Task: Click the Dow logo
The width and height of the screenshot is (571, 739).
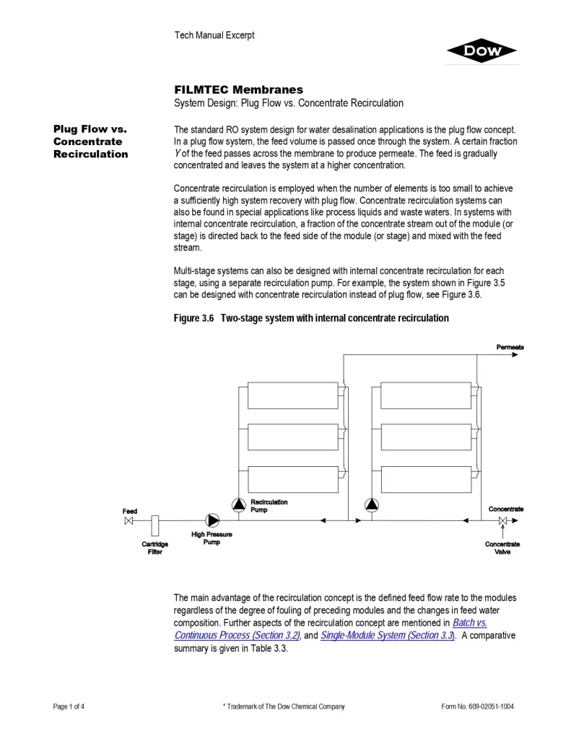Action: coord(481,51)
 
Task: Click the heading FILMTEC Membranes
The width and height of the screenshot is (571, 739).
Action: coord(238,89)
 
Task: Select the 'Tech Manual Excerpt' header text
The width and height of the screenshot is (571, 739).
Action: coord(214,35)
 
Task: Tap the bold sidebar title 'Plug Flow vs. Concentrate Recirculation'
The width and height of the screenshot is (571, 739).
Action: coord(90,141)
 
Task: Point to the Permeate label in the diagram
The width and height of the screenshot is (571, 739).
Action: coord(510,347)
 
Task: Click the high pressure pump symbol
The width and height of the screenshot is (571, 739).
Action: coord(212,520)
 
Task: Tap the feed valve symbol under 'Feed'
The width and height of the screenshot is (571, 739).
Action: coord(129,520)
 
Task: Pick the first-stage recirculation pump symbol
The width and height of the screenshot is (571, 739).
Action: coord(238,505)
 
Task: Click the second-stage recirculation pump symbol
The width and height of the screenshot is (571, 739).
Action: coord(372,505)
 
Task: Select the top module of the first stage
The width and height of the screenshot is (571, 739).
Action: coord(292,395)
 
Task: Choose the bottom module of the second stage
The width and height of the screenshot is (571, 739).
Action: coord(425,479)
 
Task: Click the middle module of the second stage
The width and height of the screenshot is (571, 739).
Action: coord(425,437)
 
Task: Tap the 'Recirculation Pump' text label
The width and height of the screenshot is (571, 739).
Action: coord(269,505)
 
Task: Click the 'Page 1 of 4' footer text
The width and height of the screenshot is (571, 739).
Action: coord(69,707)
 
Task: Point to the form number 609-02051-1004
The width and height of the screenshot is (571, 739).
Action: coord(478,707)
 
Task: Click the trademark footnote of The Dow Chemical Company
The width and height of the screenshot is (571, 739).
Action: coord(284,707)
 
